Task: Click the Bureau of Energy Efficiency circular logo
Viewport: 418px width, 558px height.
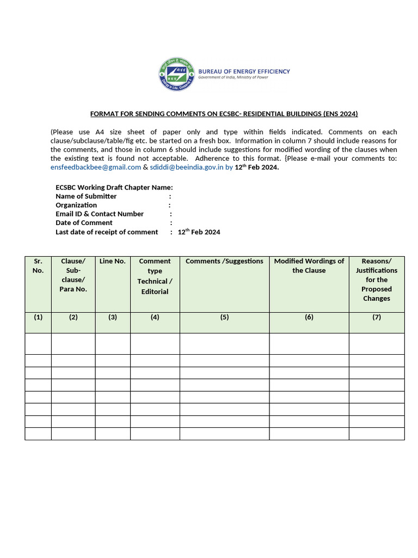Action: [176, 75]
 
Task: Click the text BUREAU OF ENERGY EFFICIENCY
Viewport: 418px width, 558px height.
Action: [243, 71]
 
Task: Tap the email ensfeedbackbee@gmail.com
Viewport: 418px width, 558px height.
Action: [96, 167]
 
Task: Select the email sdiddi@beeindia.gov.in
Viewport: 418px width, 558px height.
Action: [186, 167]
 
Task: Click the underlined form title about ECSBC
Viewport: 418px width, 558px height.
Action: [224, 114]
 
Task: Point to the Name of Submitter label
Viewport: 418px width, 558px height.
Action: [86, 196]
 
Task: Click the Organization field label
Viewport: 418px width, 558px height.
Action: [76, 205]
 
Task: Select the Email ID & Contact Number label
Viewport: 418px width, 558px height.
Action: [100, 214]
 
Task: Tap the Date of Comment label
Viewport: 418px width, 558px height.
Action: [84, 223]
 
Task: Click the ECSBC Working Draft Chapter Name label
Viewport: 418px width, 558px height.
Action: [114, 187]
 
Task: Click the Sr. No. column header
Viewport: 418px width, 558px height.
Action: [38, 266]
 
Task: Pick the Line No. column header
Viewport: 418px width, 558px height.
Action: [113, 262]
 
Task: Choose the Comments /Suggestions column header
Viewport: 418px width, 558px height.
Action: [224, 262]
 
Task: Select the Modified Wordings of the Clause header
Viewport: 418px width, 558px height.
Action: [309, 266]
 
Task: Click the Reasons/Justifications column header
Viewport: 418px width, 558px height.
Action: [377, 280]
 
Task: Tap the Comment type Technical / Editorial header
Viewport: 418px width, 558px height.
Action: [155, 276]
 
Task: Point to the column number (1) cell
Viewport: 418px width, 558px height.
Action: [38, 317]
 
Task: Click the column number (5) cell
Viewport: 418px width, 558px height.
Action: [224, 317]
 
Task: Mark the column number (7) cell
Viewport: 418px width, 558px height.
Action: [377, 317]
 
